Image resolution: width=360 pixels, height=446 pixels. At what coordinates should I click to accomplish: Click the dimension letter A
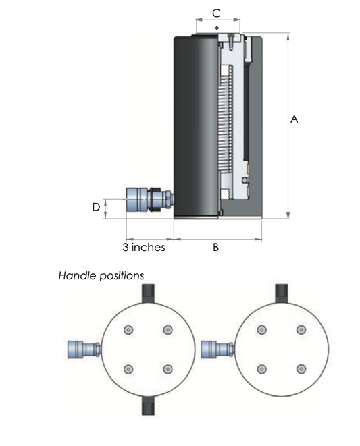tap(294, 119)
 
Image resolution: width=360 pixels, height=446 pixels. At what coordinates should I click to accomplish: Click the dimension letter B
tap(215, 247)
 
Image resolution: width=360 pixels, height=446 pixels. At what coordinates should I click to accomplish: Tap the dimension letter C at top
tap(216, 13)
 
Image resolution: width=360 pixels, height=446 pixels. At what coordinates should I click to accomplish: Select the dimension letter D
tap(97, 207)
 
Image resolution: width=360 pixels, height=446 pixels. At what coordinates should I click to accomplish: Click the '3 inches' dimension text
tap(144, 247)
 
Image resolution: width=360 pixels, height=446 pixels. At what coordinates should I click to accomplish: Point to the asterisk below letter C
tap(217, 28)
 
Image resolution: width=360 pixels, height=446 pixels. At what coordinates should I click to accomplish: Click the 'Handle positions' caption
tap(101, 275)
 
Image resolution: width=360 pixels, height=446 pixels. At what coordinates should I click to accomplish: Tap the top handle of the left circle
tap(148, 294)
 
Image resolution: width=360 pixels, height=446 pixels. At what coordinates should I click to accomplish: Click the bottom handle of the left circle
tap(148, 405)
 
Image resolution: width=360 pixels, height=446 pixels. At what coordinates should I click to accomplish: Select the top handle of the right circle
tap(282, 294)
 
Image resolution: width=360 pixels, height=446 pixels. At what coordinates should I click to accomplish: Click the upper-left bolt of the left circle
tap(128, 330)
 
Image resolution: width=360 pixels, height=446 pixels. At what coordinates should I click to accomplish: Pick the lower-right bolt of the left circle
tap(168, 369)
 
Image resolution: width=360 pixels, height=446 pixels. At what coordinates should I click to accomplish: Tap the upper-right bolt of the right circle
tap(301, 330)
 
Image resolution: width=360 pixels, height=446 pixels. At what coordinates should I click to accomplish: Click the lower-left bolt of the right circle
tap(262, 369)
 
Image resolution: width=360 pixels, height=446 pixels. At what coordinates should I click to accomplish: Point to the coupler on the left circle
tap(84, 350)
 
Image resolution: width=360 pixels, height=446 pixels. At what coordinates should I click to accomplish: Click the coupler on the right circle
tap(218, 350)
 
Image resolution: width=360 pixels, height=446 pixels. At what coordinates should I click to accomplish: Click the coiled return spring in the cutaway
tap(226, 119)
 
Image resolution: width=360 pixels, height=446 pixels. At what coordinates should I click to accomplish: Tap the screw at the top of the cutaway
tap(231, 40)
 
